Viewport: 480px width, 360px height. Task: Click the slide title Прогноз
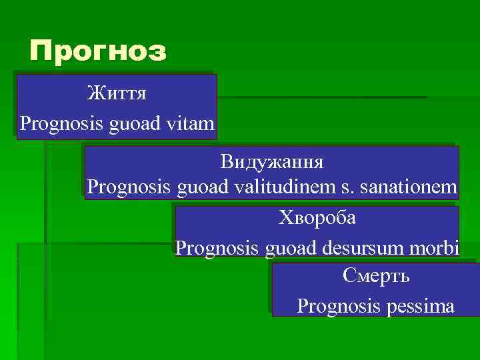pyautogui.click(x=98, y=51)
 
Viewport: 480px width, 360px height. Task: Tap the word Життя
pyautogui.click(x=117, y=93)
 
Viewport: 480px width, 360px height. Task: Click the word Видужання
pyautogui.click(x=272, y=162)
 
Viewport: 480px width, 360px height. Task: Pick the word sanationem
pyautogui.click(x=408, y=187)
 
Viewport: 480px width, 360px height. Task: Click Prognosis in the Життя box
pyautogui.click(x=51, y=124)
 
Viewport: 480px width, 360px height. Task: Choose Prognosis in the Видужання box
pyautogui.click(x=129, y=187)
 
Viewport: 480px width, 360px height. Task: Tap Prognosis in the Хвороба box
pyautogui.click(x=216, y=249)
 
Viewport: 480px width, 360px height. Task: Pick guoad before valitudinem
pyautogui.click(x=204, y=187)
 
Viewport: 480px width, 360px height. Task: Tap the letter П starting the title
pyautogui.click(x=41, y=51)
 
